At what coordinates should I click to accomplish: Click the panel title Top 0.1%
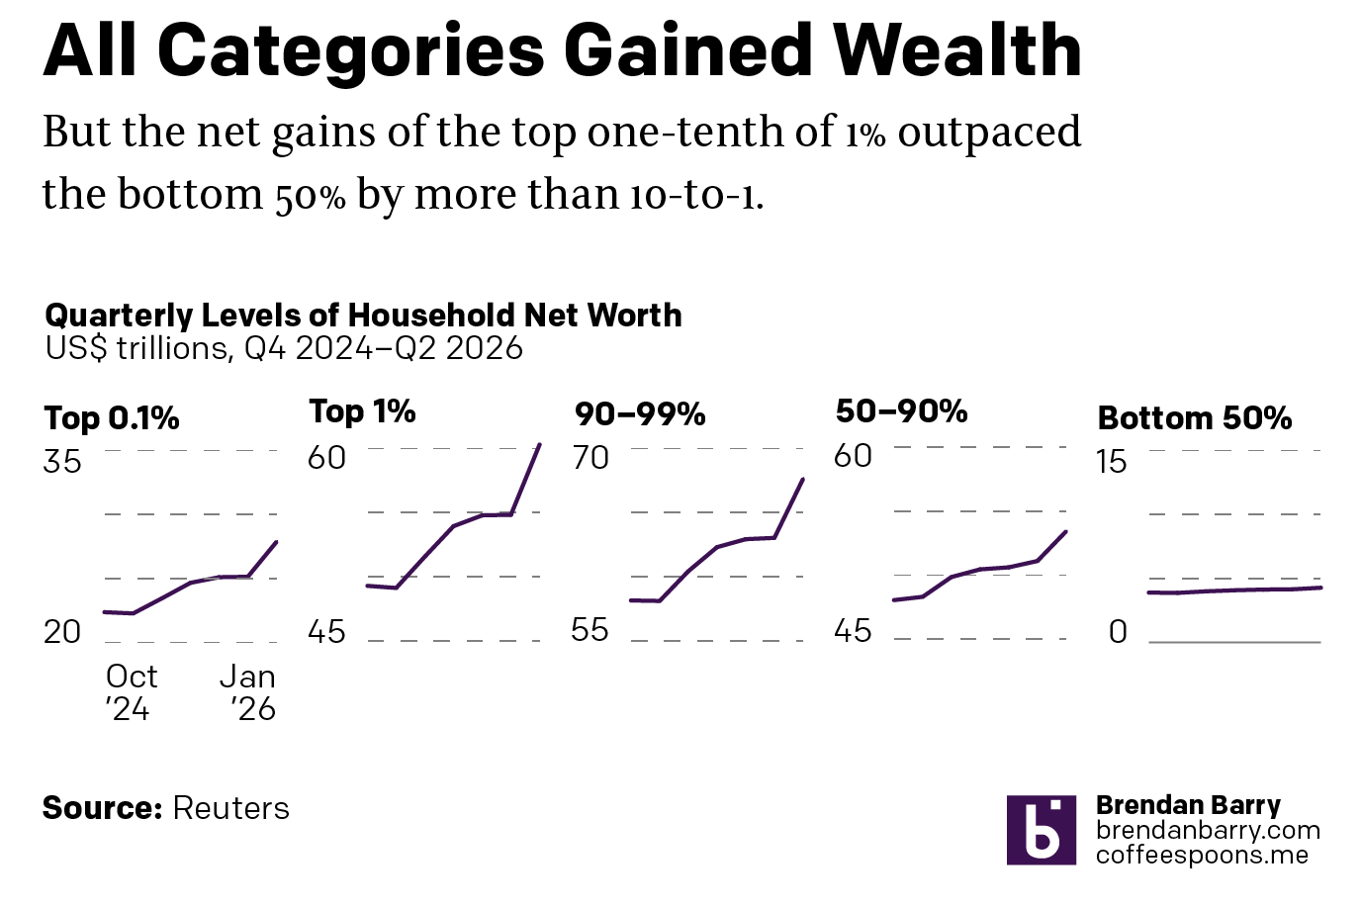[x=112, y=418]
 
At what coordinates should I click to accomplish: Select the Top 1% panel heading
[x=363, y=411]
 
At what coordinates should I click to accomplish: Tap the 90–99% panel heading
[x=640, y=414]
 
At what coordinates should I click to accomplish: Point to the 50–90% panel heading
[x=902, y=411]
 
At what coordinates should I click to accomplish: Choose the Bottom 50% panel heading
[x=1195, y=418]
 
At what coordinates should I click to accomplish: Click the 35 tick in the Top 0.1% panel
[x=62, y=462]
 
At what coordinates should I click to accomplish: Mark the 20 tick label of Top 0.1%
[x=62, y=632]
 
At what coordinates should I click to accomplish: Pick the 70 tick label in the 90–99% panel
[x=590, y=458]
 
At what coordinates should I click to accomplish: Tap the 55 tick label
[x=590, y=630]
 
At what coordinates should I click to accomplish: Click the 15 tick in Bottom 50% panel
[x=1112, y=462]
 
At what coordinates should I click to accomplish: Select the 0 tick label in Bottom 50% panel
[x=1118, y=632]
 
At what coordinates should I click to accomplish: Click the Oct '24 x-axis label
[x=132, y=692]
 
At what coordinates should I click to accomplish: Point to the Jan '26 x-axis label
[x=248, y=692]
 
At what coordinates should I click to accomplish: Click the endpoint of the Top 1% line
[x=540, y=445]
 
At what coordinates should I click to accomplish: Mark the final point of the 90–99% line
[x=803, y=480]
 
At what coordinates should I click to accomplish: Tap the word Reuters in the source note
[x=230, y=808]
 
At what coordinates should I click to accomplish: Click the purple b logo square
[x=1042, y=830]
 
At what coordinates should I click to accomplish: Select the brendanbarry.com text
[x=1208, y=830]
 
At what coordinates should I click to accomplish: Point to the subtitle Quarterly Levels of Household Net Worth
[x=363, y=316]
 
